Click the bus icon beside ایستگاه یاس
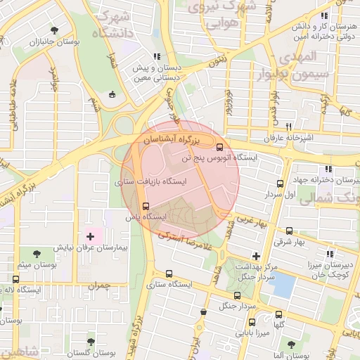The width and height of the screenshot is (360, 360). click(146, 206)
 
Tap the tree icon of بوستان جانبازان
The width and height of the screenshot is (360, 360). click(55, 30)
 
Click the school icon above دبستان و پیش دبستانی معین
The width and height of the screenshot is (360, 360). click(158, 56)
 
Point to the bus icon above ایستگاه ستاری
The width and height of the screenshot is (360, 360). click(168, 274)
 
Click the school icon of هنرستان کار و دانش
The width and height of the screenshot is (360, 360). click(323, 15)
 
